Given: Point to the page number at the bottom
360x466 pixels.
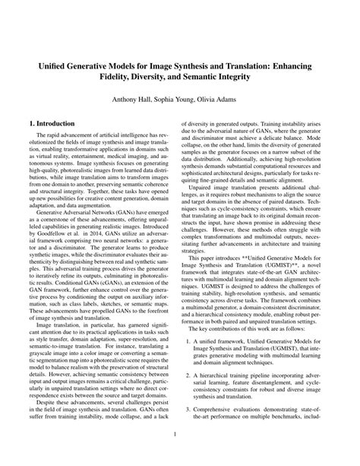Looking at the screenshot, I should (180, 435).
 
